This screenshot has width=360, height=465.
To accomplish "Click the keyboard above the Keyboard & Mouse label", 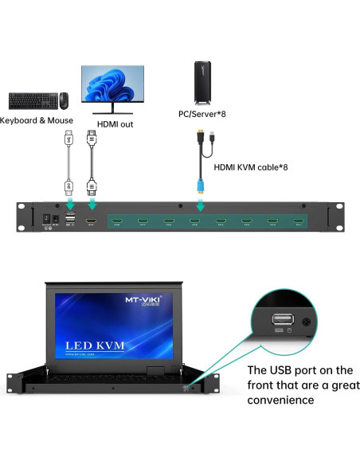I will tap(33, 100).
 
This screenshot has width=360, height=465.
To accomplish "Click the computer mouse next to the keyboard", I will tap(64, 100).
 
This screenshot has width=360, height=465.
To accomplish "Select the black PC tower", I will tap(205, 82).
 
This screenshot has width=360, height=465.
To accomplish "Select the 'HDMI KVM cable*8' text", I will tap(250, 167).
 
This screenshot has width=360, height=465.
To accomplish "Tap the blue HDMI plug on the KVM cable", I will tap(199, 185).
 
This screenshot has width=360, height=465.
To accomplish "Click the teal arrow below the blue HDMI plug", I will tap(199, 206).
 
